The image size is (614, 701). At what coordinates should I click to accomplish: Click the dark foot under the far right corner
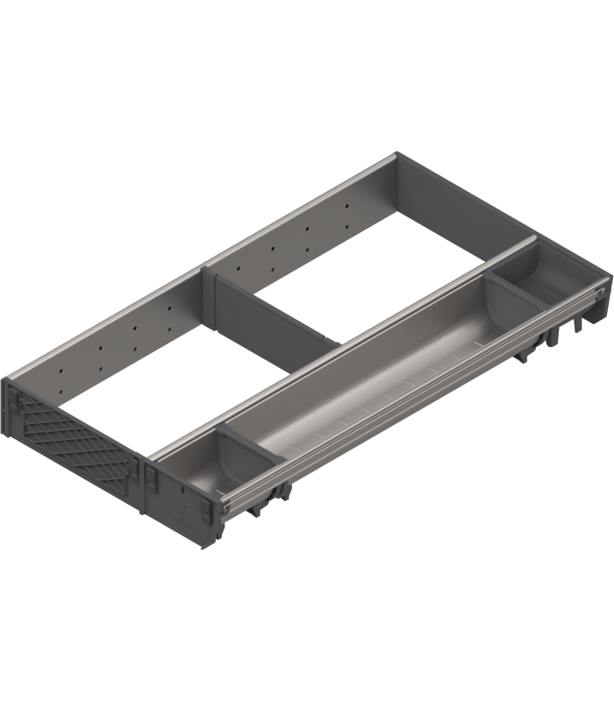579,329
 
